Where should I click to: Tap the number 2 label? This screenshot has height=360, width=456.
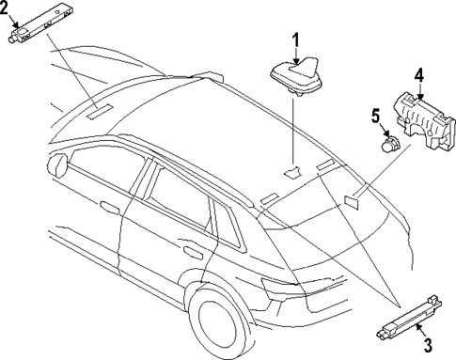click(6, 11)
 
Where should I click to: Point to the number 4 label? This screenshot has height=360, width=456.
click(418, 75)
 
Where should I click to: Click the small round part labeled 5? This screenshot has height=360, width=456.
click(387, 145)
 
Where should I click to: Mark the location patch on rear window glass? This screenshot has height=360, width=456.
click(354, 199)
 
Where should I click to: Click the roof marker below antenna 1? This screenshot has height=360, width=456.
click(293, 171)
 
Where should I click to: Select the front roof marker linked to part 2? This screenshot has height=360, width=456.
click(98, 111)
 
